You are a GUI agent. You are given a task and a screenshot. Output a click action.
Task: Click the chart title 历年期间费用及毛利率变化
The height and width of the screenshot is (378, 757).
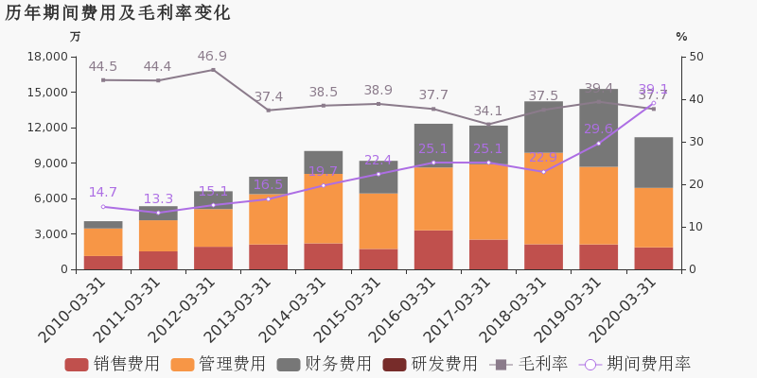pyautogui.click(x=117, y=13)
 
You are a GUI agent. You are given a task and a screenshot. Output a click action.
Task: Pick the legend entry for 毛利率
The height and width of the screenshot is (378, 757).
pyautogui.click(x=530, y=364)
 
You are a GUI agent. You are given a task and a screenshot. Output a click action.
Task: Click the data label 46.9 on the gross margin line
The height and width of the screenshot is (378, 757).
pyautogui.click(x=212, y=57)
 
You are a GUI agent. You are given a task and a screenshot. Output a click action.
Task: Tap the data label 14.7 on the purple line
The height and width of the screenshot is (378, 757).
pyautogui.click(x=102, y=193)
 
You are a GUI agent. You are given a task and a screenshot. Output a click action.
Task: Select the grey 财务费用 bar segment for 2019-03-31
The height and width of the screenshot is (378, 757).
pyautogui.click(x=599, y=128)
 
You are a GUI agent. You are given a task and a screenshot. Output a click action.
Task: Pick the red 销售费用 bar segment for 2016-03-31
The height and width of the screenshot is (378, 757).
pyautogui.click(x=433, y=249)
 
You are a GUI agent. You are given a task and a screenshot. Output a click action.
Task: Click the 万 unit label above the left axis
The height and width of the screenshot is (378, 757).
pyautogui.click(x=76, y=37)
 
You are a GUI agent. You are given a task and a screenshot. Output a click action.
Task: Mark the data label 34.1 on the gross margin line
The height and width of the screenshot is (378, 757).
pyautogui.click(x=488, y=112)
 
